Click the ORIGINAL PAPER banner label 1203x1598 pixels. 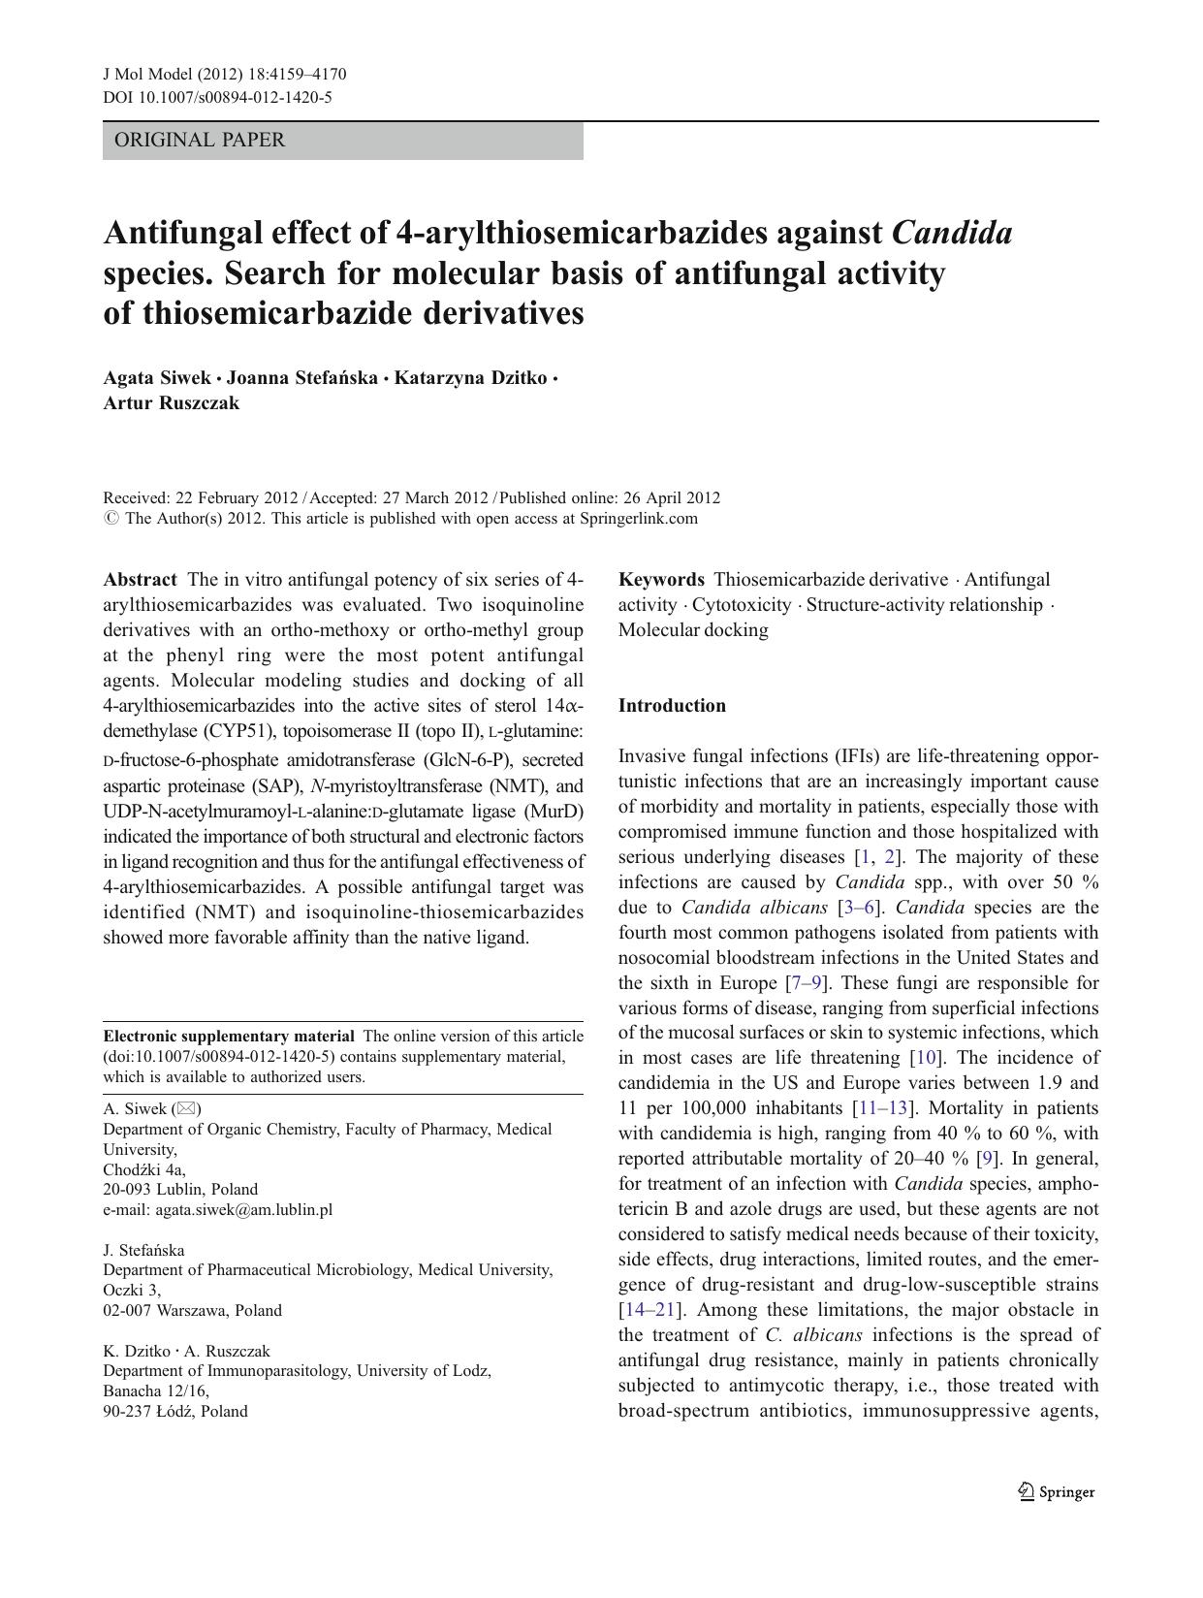coord(200,141)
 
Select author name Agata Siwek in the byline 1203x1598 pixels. coord(156,378)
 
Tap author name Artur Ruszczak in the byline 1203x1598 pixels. coord(171,403)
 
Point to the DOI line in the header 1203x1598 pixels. coord(217,97)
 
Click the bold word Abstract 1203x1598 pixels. coord(140,580)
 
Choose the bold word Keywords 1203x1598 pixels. coord(661,580)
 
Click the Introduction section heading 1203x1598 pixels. coord(672,706)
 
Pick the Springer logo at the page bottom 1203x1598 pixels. coord(1057,1492)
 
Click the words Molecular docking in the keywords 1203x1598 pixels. coord(693,630)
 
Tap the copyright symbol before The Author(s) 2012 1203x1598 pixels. coord(111,519)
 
